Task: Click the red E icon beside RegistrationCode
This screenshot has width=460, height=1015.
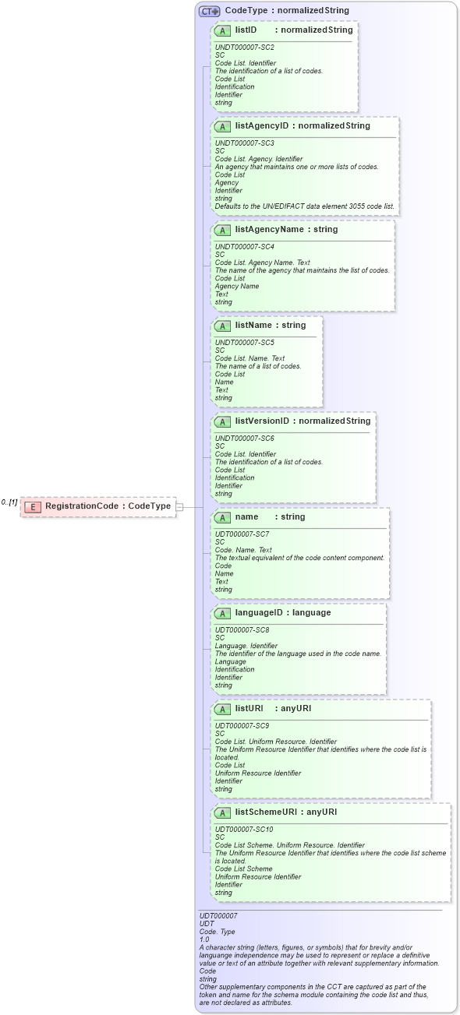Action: point(33,506)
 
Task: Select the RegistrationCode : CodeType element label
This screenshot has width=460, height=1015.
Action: point(108,506)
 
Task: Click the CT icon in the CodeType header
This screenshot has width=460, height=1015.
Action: point(209,11)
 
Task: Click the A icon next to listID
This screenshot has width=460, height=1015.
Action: point(222,30)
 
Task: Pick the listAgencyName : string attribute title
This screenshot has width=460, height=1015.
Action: point(286,230)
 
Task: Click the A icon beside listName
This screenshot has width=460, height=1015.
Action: point(222,326)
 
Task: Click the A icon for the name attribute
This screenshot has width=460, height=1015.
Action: point(222,517)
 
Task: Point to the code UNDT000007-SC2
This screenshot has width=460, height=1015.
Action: point(244,48)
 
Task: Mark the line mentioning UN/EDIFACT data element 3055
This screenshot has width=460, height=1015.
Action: point(305,206)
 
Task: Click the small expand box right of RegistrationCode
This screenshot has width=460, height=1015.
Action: point(180,506)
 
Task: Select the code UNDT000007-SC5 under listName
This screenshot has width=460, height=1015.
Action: point(244,342)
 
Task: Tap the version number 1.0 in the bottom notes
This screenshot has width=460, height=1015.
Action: point(204,939)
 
